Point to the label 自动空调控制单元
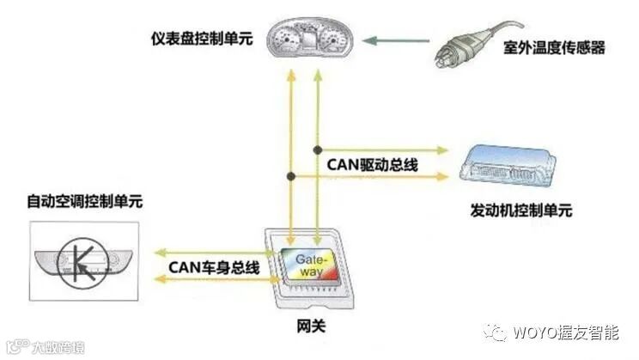coord(84,203)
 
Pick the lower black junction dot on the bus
coord(292,177)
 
